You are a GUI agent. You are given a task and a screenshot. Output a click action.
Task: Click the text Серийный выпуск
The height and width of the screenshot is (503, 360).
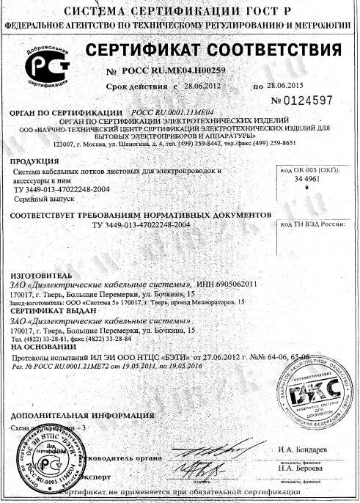coord(39,199)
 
